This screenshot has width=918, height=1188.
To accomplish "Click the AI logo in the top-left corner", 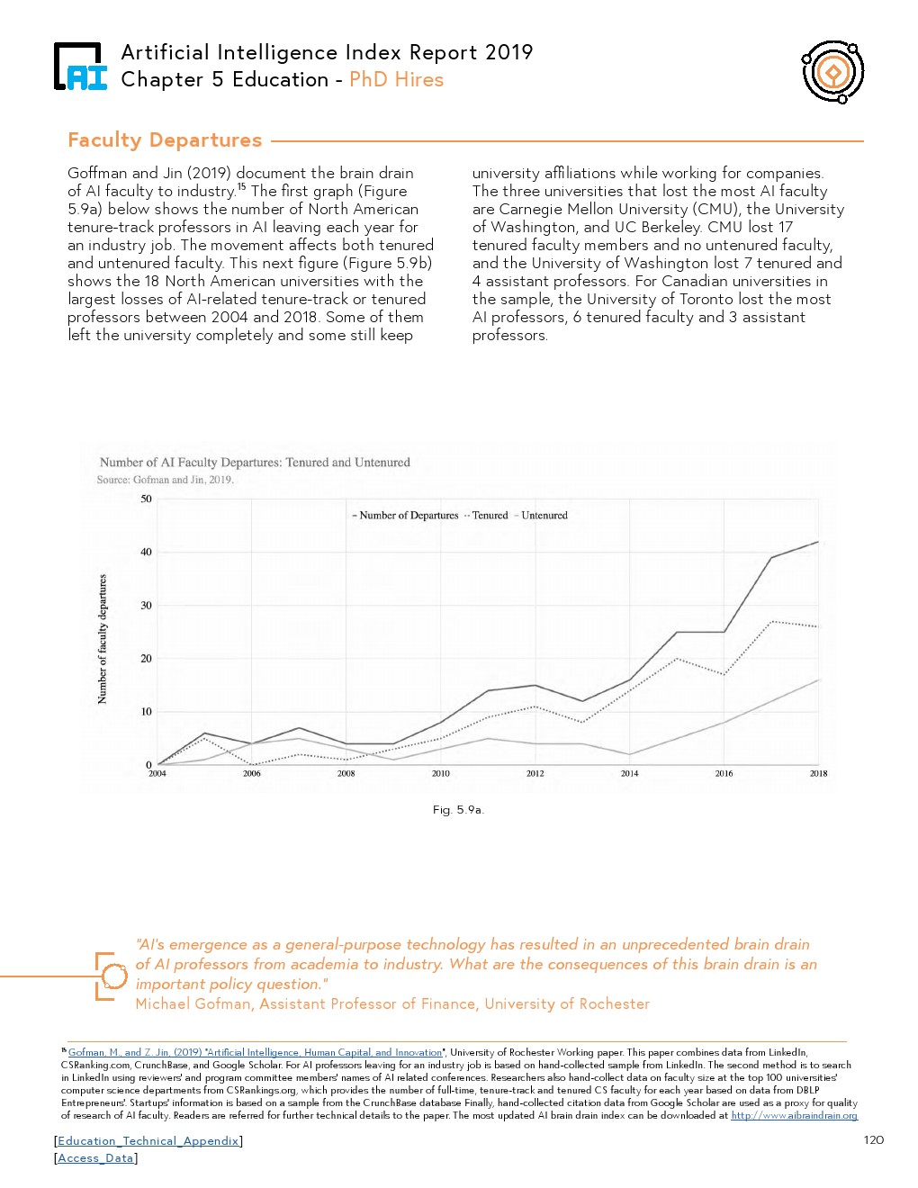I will point(80,67).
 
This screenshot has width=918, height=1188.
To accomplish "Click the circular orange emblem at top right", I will point(832,72).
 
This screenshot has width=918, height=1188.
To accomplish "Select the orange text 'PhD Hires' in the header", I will point(396,80).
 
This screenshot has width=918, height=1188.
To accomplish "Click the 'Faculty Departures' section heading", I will point(165,140).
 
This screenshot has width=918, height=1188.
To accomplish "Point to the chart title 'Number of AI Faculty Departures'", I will point(255,463).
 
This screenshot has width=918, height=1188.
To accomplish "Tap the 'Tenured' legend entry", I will point(490,516).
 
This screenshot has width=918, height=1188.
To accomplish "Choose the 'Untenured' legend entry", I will point(544,516).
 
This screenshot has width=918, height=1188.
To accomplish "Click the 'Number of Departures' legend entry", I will point(409,516).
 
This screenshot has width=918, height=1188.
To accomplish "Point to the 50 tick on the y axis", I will point(146,499).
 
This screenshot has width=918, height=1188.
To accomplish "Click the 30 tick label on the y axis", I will point(146,606).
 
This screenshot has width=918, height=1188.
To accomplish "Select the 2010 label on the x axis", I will point(440,774).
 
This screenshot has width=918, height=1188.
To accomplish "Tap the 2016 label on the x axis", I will point(724,774).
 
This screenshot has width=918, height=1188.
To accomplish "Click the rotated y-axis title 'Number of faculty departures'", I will point(103,639).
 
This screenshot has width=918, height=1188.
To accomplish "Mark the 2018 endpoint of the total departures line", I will point(818,542).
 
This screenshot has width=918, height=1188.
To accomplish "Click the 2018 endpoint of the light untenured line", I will point(818,680).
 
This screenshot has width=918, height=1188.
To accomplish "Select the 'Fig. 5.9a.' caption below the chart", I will point(458,810).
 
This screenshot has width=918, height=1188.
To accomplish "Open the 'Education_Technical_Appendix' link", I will point(148,1141).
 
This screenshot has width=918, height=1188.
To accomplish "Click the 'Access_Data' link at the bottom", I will point(95,1158).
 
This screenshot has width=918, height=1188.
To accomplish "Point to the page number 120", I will point(873,1140).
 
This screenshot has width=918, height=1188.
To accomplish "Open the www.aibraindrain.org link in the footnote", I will point(794,1116).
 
